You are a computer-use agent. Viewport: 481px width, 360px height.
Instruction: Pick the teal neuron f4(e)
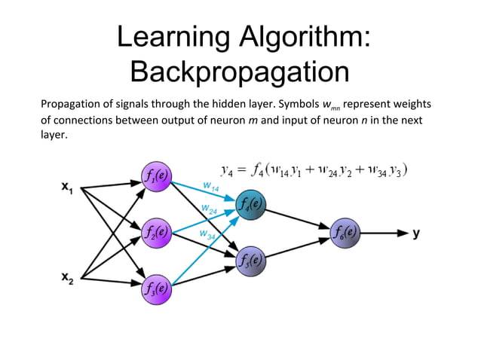[x=250, y=204]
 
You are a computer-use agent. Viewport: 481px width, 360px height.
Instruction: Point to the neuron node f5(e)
[x=250, y=260]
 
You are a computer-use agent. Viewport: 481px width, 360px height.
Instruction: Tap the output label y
[x=416, y=233]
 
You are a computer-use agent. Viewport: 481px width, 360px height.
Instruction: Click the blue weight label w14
[x=211, y=185]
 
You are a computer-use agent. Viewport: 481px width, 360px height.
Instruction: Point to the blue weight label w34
[x=207, y=236]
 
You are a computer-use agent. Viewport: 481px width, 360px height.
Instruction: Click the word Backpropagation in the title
[x=239, y=72]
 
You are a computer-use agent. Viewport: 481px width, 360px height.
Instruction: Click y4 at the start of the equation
[x=227, y=170]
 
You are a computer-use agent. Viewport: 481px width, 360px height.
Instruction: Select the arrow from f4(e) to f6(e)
[x=298, y=218]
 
